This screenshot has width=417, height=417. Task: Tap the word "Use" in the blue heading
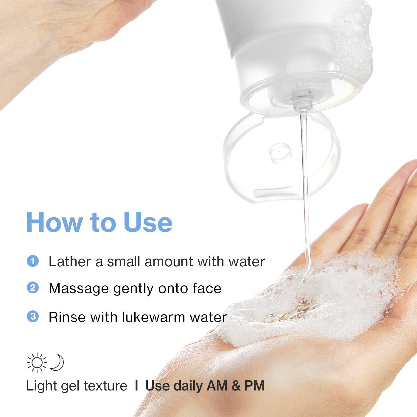pos(148,222)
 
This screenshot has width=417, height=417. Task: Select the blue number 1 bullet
pos(33,261)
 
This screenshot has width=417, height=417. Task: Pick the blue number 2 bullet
pos(33,288)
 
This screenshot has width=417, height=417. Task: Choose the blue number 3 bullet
pos(33,316)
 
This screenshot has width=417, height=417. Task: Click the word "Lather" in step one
pos(70,262)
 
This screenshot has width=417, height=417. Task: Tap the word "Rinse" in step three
pos(67,317)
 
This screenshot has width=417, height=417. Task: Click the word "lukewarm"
pos(153,317)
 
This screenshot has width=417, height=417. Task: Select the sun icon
pos(37,363)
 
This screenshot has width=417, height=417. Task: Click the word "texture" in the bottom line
pos(106,386)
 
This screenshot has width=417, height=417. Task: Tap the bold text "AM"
pos(217,386)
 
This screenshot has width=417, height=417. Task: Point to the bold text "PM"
pos(254,386)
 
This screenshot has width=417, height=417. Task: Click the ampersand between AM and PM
pos(236,386)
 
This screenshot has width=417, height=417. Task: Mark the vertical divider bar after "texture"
pos(136,386)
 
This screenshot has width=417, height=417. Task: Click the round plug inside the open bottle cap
pos(280,153)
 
